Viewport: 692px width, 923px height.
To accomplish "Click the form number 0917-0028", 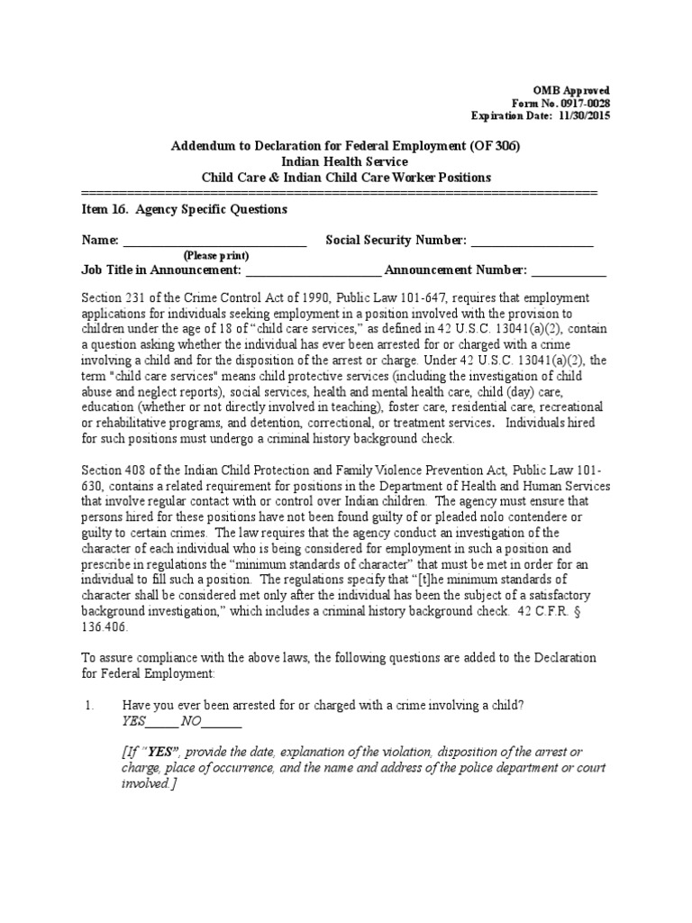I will click(x=585, y=104).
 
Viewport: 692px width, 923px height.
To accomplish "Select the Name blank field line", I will click(x=214, y=242).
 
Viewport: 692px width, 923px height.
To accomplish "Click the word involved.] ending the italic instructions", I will click(x=148, y=784).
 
